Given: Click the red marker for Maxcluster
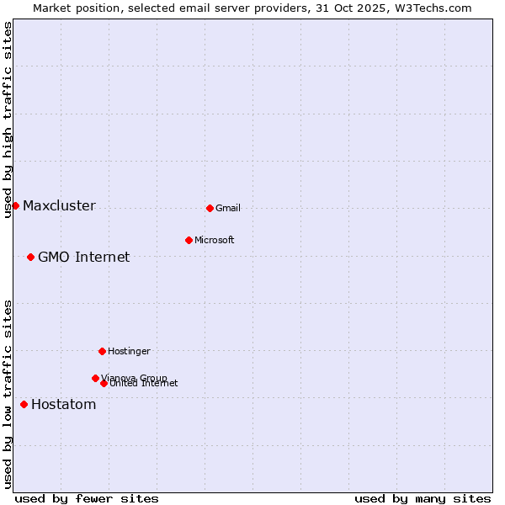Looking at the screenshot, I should click(x=15, y=206).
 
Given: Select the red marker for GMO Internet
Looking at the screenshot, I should click(x=30, y=257).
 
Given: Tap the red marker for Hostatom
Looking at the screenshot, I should click(x=24, y=405).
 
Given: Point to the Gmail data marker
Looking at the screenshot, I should click(x=210, y=208).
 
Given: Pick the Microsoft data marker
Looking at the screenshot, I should click(x=189, y=240).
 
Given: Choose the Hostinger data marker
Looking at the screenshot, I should click(x=102, y=351).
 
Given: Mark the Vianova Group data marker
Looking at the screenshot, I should click(x=95, y=378).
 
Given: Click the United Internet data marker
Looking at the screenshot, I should click(x=104, y=383).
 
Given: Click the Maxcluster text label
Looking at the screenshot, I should click(x=59, y=206).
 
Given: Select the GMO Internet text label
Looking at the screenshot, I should click(x=83, y=258).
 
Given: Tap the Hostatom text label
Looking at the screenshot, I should click(x=63, y=405).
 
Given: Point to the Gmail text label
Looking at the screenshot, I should click(x=227, y=209).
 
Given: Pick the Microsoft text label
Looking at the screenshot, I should click(x=214, y=241).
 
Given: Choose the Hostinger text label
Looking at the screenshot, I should click(x=129, y=351).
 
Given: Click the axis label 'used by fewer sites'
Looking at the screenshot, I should click(x=87, y=498).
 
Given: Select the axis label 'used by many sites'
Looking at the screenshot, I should click(x=423, y=498).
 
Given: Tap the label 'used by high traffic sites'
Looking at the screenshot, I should click(x=8, y=120).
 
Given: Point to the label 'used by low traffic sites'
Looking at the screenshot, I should click(x=8, y=394).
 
